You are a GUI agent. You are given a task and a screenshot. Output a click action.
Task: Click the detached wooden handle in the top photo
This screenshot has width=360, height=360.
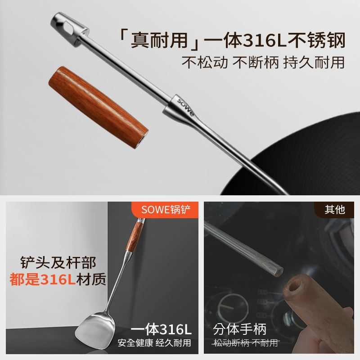97,103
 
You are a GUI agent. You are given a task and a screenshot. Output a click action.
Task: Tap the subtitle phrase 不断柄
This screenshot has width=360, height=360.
255,62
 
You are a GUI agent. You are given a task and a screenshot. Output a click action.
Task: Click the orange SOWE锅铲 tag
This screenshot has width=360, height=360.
166,209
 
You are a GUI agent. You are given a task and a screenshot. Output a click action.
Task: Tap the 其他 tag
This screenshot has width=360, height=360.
334,209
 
